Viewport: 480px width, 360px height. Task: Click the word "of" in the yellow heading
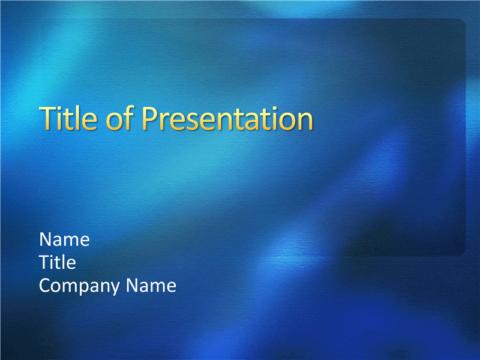[119, 118]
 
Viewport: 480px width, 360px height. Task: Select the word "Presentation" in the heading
[227, 118]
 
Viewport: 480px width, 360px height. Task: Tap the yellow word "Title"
[68, 118]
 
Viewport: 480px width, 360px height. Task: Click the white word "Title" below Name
[58, 262]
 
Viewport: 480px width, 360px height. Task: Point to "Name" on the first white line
[64, 239]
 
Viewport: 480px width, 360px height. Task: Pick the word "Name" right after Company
[151, 286]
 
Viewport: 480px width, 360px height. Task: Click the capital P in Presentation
[149, 118]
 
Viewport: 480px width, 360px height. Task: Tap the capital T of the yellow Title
[47, 118]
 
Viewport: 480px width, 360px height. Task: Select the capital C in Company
[45, 286]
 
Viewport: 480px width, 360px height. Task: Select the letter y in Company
[115, 289]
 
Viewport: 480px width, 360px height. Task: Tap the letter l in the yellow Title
[78, 118]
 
